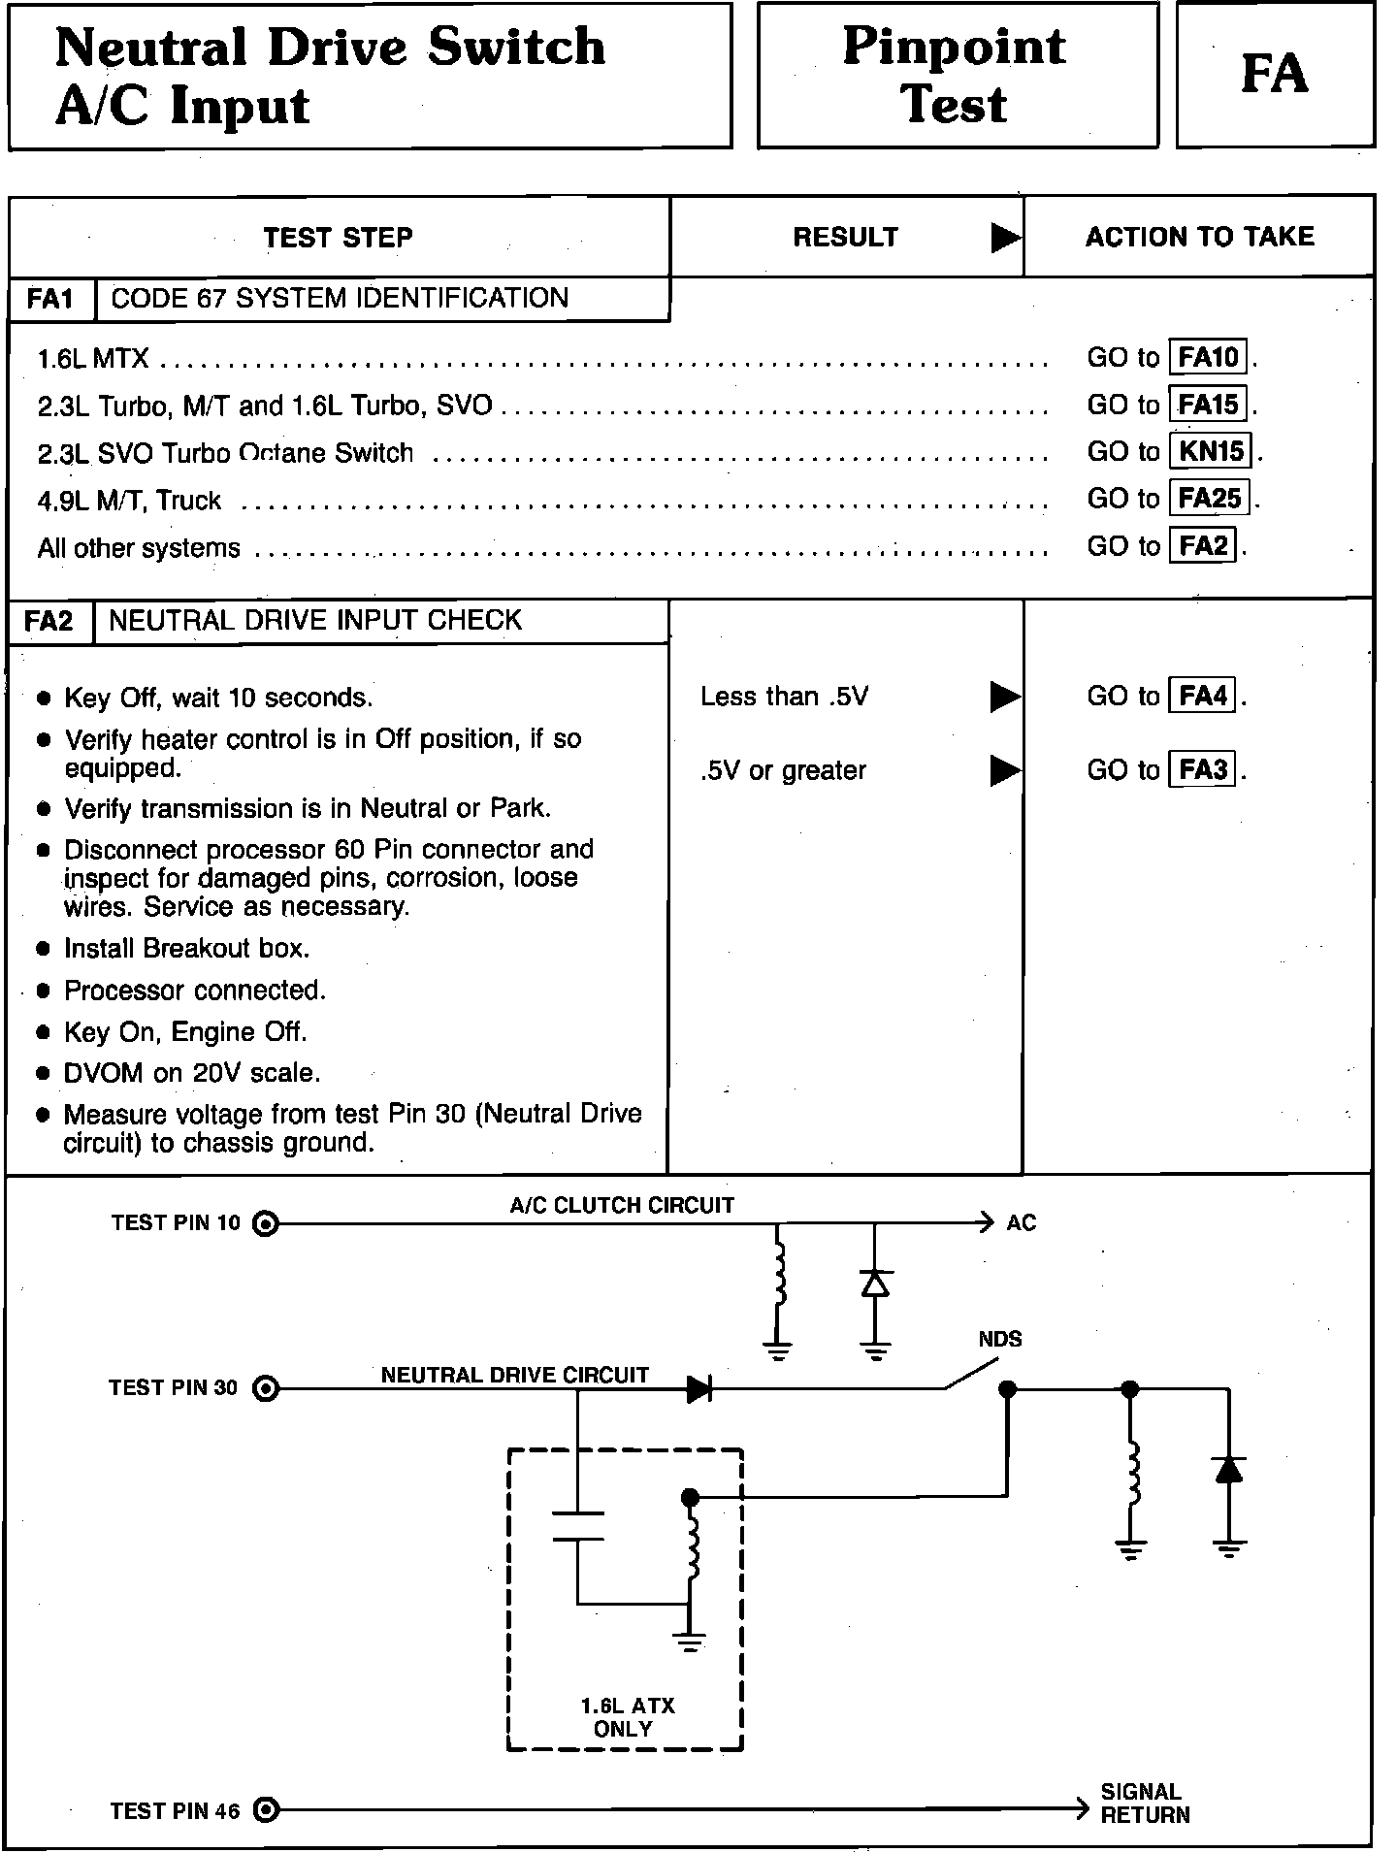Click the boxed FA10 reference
click(1209, 357)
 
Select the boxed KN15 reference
click(1212, 451)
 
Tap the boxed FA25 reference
click(1209, 499)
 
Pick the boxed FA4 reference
click(1203, 696)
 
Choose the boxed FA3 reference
click(1203, 770)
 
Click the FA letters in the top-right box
click(1275, 74)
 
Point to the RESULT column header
click(845, 238)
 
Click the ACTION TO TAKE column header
click(1199, 237)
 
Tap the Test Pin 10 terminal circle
click(265, 1223)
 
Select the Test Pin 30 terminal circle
click(265, 1389)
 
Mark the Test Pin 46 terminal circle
click(265, 1809)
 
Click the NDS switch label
click(999, 1340)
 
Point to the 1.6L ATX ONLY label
click(627, 1717)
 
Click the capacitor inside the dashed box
click(577, 1526)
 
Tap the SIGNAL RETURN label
click(1144, 1804)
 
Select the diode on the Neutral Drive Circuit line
click(699, 1389)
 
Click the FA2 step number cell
click(49, 621)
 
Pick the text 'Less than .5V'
click(784, 697)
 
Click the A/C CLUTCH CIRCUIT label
click(622, 1205)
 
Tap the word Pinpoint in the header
click(955, 46)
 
